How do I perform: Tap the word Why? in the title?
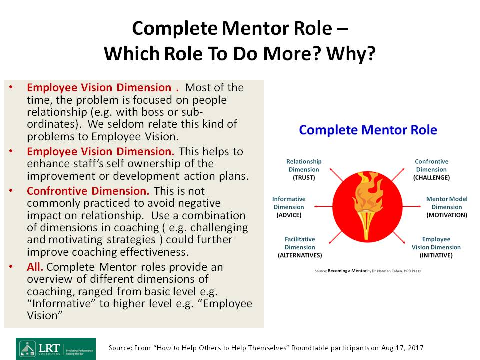(351, 54)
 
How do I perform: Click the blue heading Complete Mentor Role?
(368, 130)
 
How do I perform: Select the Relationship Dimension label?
(304, 165)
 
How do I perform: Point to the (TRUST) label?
(304, 178)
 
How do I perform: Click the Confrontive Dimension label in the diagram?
(431, 165)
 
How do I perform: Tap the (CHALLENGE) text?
(431, 178)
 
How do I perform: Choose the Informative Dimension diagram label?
(289, 203)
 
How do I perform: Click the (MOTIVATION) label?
(447, 215)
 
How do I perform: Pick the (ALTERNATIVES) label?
(300, 255)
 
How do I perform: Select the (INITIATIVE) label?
(436, 255)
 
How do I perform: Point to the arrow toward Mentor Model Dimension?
(412, 206)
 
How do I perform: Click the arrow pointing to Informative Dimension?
(323, 206)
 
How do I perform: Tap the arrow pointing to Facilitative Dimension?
(336, 237)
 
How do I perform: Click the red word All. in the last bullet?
(35, 267)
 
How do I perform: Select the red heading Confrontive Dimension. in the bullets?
(88, 191)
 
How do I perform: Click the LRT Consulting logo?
(56, 349)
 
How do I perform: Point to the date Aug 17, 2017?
(402, 348)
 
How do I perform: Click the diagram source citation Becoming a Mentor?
(347, 271)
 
